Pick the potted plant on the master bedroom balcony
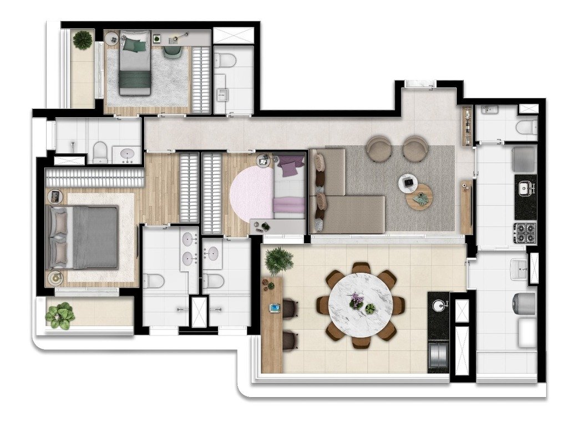point(60,315)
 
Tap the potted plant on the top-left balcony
point(83,39)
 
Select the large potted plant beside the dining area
point(279,260)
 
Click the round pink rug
point(252,193)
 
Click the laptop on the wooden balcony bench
point(275,307)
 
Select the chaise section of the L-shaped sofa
point(355,214)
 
